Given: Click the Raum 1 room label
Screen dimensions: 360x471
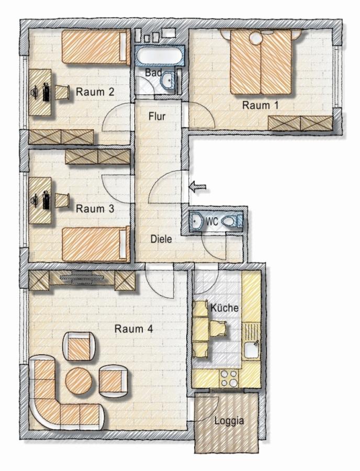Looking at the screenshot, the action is pos(260,105).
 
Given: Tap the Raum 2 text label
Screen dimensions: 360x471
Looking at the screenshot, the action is pos(95,92).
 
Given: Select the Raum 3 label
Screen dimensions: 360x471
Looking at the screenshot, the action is pos(95,208).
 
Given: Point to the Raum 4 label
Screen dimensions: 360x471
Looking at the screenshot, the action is pos(133,329).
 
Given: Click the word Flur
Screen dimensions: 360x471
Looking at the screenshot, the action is pos(157,116).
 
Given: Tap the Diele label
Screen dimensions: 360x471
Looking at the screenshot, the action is pos(161,239).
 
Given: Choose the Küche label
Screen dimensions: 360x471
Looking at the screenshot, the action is pos(224,308).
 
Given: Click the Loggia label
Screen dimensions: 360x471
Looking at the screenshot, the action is pos(229,421).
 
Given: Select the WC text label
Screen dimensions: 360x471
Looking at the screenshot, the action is pos(212,222).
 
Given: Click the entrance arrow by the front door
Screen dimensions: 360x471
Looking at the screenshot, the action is pos(197,187).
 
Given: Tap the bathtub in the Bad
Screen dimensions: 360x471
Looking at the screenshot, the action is pos(159,55).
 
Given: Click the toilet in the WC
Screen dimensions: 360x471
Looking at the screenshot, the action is pos(231,221).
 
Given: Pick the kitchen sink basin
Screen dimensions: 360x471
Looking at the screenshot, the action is pos(251,350).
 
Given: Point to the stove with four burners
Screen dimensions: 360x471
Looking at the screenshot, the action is pos(229,378).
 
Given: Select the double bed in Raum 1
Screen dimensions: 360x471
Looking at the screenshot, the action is pos(261,62).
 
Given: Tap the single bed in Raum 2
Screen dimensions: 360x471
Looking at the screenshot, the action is pos(96,47).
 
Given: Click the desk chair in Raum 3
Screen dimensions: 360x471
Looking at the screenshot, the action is pos(62,200).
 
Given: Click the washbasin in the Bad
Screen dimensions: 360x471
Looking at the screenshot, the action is pos(167,81).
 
